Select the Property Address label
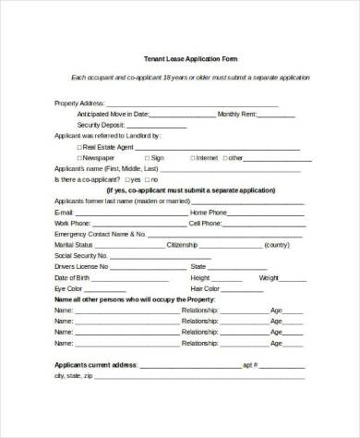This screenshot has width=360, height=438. [x=78, y=103]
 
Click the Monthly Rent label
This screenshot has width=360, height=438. [x=237, y=114]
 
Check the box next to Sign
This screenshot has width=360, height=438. [x=145, y=157]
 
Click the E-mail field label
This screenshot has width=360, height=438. [x=64, y=212]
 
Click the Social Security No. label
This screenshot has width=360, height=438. [x=81, y=256]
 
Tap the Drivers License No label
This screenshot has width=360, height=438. [x=80, y=267]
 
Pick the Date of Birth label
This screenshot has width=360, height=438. [x=72, y=278]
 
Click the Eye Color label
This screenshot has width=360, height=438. [x=68, y=288]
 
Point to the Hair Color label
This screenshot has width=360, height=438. [x=205, y=288]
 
